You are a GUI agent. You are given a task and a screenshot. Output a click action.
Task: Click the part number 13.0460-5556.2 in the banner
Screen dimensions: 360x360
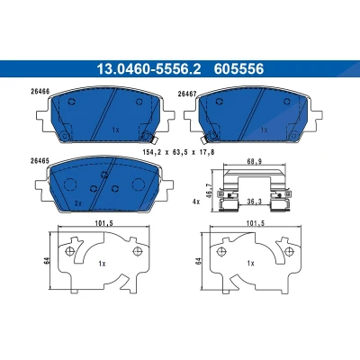tap(148, 69)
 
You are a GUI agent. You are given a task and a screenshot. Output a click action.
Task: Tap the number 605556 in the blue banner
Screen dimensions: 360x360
tap(238, 69)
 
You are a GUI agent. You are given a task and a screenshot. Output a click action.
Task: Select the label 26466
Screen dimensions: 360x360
tap(40, 92)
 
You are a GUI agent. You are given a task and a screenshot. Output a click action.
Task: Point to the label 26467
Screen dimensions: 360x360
tap(187, 94)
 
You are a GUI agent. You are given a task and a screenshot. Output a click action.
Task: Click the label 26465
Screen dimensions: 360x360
tap(40, 160)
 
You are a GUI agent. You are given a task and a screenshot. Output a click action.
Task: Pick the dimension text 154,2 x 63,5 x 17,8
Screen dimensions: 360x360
tap(180, 152)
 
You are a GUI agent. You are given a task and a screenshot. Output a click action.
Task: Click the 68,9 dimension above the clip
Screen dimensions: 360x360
tap(255, 161)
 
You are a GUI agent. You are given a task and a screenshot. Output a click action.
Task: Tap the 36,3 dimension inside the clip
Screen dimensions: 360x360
tap(255, 202)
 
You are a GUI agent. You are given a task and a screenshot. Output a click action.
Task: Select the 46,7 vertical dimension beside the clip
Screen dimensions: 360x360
tap(210, 190)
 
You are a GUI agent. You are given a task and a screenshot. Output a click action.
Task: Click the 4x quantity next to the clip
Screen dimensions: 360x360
tap(196, 202)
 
